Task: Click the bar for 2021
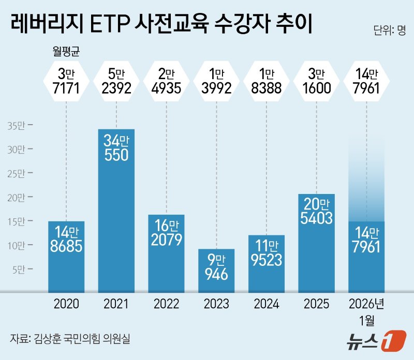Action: [x=116, y=209]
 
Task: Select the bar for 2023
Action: [x=216, y=270]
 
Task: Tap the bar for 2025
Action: [x=317, y=243]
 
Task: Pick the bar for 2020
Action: [x=66, y=256]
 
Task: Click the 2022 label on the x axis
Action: [x=166, y=304]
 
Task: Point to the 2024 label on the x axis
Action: [x=266, y=304]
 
